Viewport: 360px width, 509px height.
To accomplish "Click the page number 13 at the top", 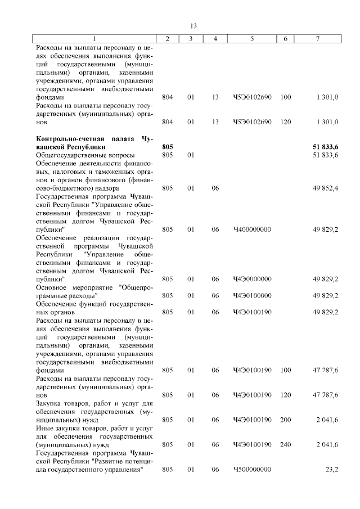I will pos(193,26).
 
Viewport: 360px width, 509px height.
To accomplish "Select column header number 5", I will pos(252,38).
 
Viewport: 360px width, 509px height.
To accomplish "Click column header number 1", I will pos(94,38).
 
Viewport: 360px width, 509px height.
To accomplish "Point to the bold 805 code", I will pos(167,146).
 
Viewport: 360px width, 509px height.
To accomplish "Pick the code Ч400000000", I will pos(252,229).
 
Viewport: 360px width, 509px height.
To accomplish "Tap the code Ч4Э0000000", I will pos(252,279).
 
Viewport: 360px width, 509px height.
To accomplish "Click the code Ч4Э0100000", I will pos(252,295).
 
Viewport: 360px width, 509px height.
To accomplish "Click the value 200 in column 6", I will pos(285,420).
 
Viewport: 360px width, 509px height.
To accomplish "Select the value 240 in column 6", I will pos(285,444).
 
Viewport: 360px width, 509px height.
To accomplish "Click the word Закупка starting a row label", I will pos(49,403).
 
